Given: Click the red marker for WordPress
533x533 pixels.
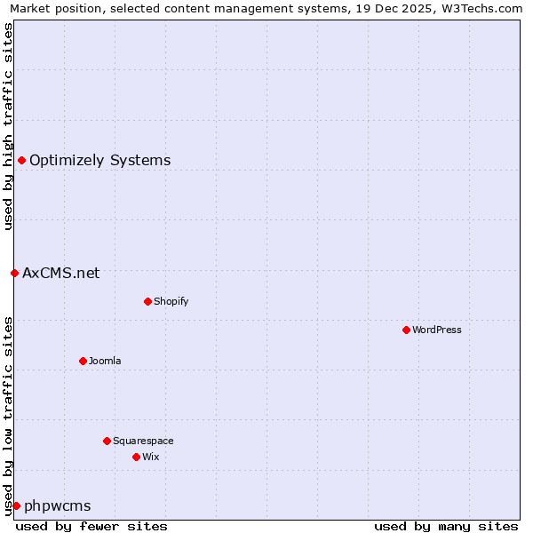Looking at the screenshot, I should pos(406,330).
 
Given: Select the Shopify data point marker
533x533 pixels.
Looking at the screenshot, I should pos(147,301).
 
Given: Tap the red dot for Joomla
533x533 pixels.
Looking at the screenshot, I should pos(83,361).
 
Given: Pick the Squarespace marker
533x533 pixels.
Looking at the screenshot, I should pos(107,441).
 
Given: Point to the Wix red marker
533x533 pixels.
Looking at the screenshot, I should pos(136,457).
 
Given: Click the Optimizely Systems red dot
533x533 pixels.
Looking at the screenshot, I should pos(21,160).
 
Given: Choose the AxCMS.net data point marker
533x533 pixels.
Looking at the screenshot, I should pos(14,273).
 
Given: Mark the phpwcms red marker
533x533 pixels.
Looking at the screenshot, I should pos(16,505).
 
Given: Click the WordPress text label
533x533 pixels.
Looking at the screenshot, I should pos(437,330).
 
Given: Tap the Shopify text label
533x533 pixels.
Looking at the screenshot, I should pos(171,301).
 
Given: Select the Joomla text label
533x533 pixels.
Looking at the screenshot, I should pos(105,361).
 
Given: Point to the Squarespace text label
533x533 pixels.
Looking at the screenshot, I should pos(143,441).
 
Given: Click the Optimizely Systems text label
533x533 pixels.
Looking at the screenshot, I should pos(100,160).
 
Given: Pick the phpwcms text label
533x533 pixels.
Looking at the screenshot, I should pos(58,505).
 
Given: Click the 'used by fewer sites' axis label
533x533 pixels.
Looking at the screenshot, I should pos(91,526).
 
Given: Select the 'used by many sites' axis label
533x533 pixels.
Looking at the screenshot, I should pos(446,526).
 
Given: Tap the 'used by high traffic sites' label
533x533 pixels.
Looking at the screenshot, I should pos(8,126).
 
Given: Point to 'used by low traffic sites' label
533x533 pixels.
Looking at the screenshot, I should pos(8,416).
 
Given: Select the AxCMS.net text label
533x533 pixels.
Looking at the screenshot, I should pos(61,273).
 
